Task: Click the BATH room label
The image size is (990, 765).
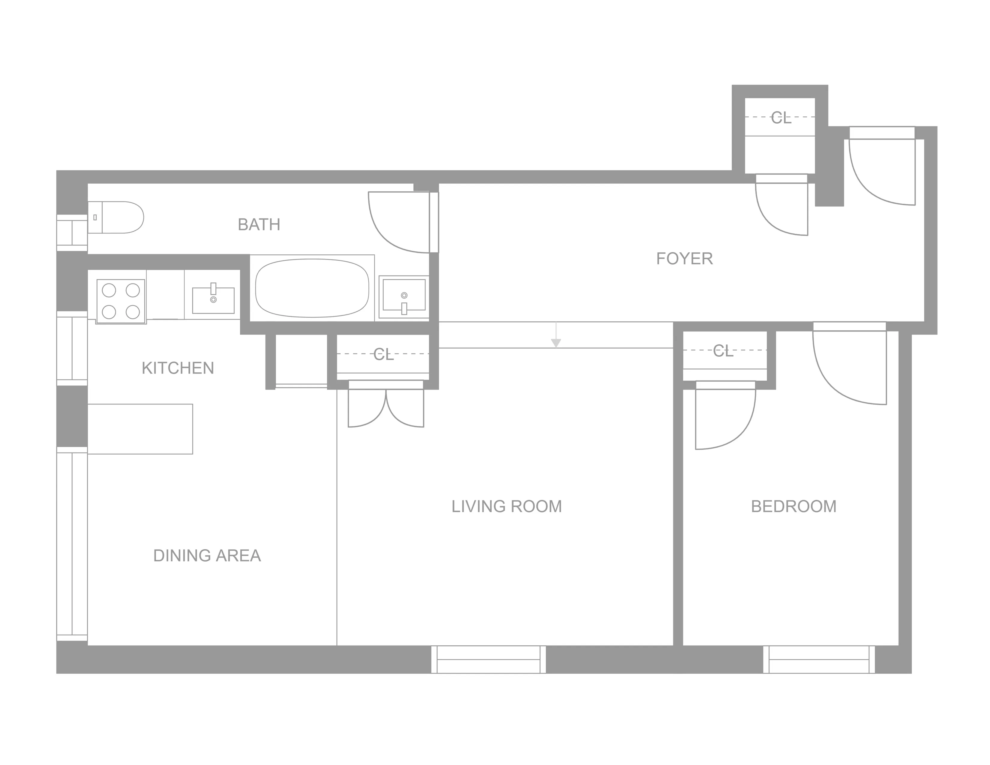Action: pyautogui.click(x=259, y=224)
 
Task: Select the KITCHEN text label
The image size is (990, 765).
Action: pyautogui.click(x=178, y=368)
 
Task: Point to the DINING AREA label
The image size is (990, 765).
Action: pyautogui.click(x=207, y=556)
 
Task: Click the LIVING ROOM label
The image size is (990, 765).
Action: pyautogui.click(x=506, y=506)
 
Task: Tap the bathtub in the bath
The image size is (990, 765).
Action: pyautogui.click(x=312, y=288)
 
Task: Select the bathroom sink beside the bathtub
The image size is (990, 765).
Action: pyautogui.click(x=404, y=295)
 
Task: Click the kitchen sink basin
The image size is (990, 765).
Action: pyautogui.click(x=213, y=300)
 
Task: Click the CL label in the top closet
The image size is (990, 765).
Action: pyautogui.click(x=781, y=118)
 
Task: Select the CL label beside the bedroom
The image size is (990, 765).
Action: pyautogui.click(x=723, y=351)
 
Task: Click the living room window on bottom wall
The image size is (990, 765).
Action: pyautogui.click(x=488, y=659)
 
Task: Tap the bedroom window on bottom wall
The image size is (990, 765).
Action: pyautogui.click(x=819, y=659)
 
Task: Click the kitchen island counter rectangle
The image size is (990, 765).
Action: pyautogui.click(x=140, y=429)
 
